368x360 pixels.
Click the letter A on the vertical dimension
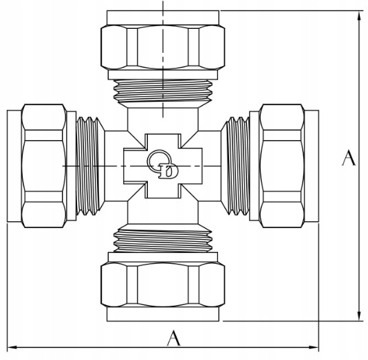pyautogui.click(x=349, y=158)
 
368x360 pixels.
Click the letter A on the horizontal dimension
pyautogui.click(x=173, y=338)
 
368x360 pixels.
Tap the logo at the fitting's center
pyautogui.click(x=162, y=164)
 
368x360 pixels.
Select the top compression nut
pyautogui.click(x=163, y=47)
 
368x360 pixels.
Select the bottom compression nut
pyautogui.click(x=163, y=284)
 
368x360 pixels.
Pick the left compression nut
pyautogui.click(x=44, y=166)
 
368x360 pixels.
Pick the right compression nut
pyautogui.click(x=282, y=166)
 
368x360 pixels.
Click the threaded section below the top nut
pyautogui.click(x=163, y=91)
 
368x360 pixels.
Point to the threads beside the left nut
pyautogui.click(x=88, y=166)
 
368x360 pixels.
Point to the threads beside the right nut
pyautogui.click(x=238, y=166)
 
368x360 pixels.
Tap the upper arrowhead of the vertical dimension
pyautogui.click(x=358, y=16)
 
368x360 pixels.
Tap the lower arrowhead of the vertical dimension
pyautogui.click(x=358, y=316)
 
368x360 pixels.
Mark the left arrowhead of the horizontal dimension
pyautogui.click(x=12, y=347)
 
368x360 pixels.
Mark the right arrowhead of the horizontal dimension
pyautogui.click(x=314, y=347)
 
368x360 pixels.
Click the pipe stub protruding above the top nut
pyautogui.click(x=163, y=18)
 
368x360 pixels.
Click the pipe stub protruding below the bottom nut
pyautogui.click(x=163, y=314)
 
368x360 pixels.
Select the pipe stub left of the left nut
pyautogui.click(x=14, y=166)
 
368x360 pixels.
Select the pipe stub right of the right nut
pyautogui.click(x=312, y=166)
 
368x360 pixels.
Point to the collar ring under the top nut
pyautogui.click(x=163, y=74)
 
